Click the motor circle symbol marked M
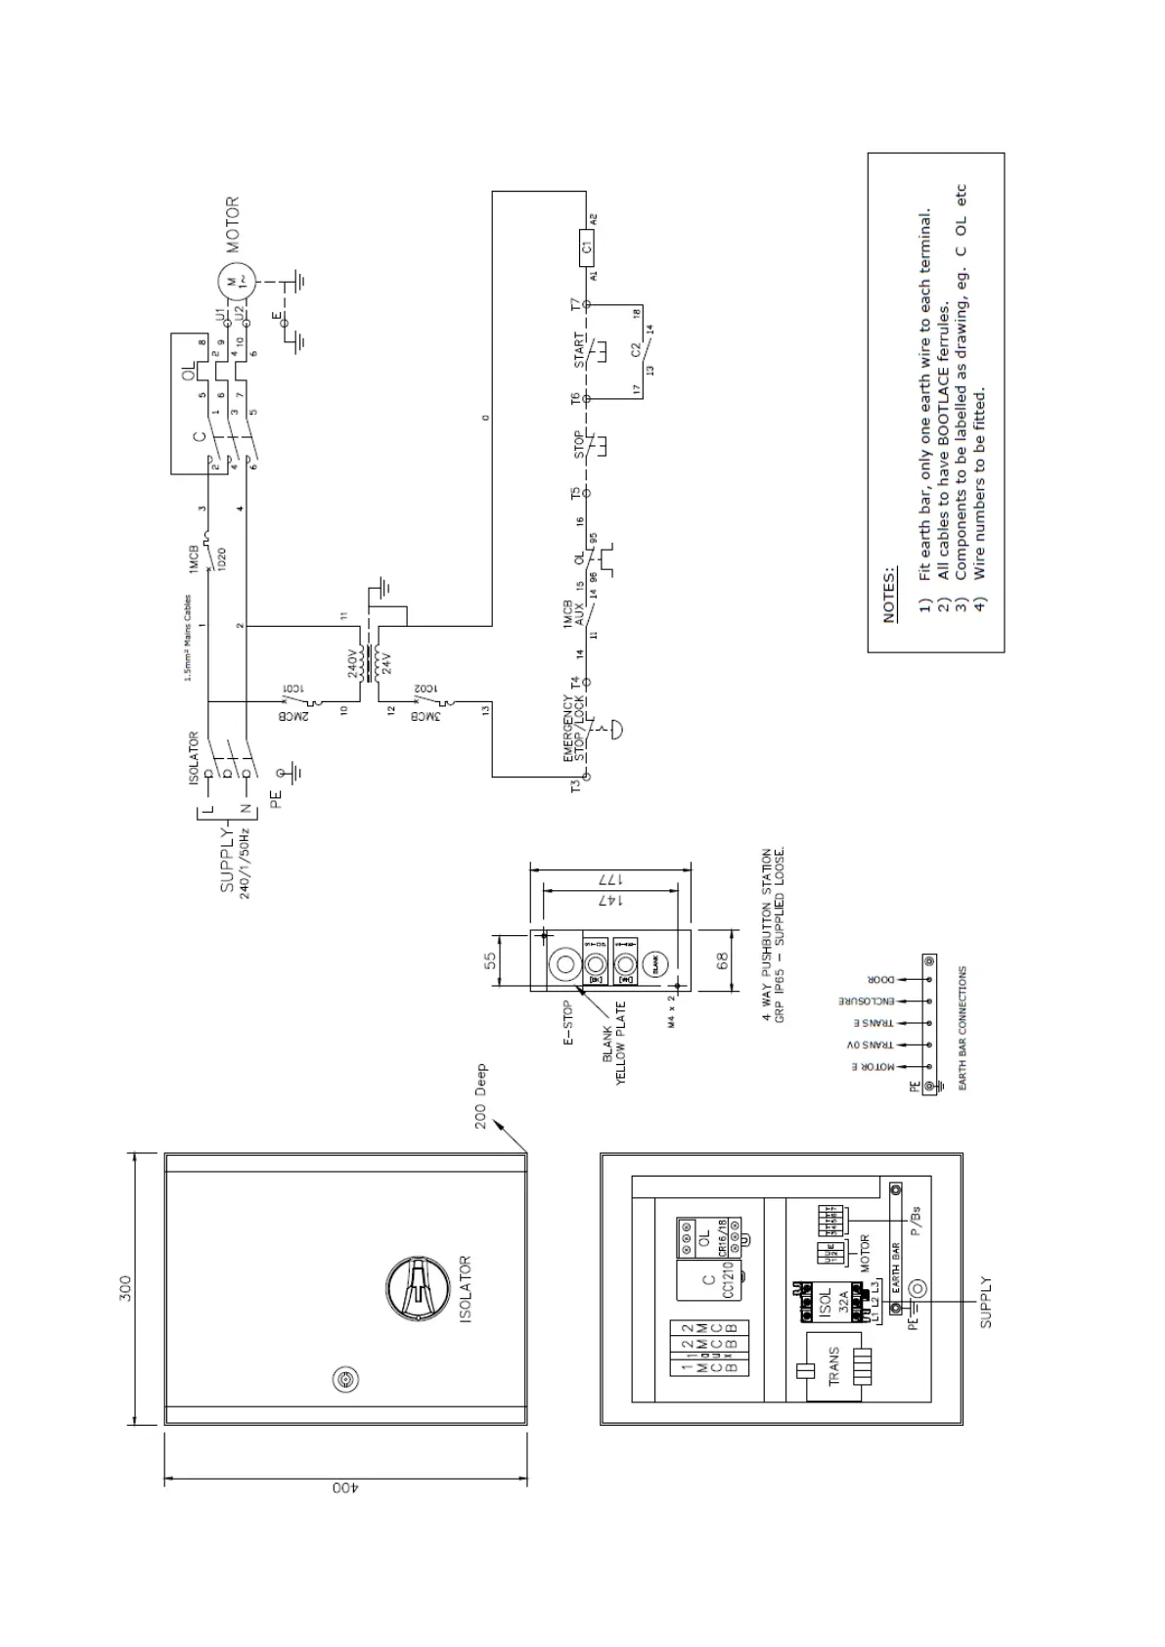pyautogui.click(x=233, y=282)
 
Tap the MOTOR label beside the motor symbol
pyautogui.click(x=233, y=225)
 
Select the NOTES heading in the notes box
pyautogui.click(x=889, y=594)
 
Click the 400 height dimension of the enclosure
pyautogui.click(x=344, y=1487)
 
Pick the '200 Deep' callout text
pyautogui.click(x=481, y=1095)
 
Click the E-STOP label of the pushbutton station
pyautogui.click(x=568, y=1023)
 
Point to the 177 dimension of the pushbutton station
pyautogui.click(x=606, y=878)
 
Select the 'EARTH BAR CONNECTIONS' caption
pyautogui.click(x=963, y=1029)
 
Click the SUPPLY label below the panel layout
pyautogui.click(x=986, y=1302)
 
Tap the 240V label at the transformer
pyautogui.click(x=353, y=665)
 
